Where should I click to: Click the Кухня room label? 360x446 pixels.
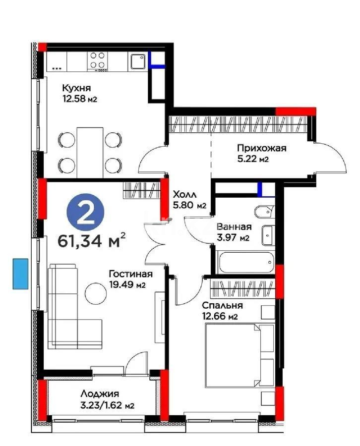click(76, 88)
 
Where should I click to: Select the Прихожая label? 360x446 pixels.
click(261, 148)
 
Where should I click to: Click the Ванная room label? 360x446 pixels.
click(234, 227)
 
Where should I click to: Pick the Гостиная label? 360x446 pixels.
click(131, 274)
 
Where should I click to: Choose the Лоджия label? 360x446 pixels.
click(99, 394)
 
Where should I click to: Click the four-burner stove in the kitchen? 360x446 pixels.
click(98, 60)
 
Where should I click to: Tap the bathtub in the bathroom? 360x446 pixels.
click(245, 261)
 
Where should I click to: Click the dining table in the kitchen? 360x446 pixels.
click(90, 152)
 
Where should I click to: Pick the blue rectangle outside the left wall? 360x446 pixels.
click(20, 274)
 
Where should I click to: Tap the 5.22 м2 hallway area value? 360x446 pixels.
click(253, 159)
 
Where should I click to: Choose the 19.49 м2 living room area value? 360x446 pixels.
click(127, 285)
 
